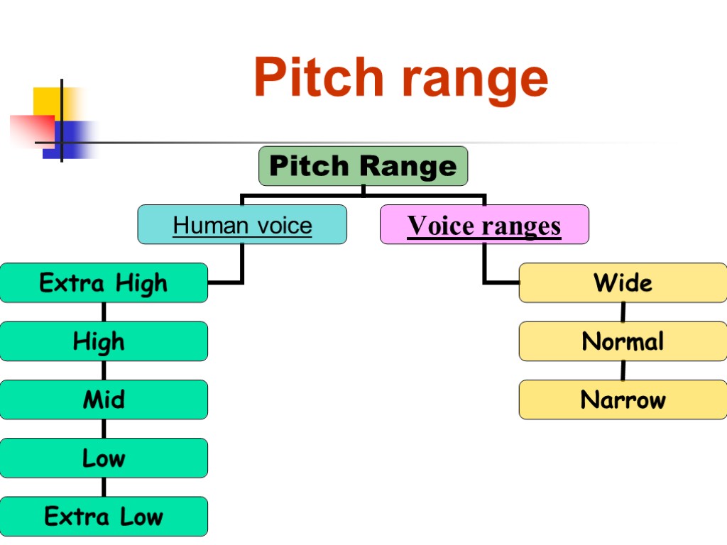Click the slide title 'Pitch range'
(x=400, y=78)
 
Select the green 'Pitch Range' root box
(x=363, y=166)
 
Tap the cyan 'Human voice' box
(x=242, y=225)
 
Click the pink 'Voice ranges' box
(x=484, y=225)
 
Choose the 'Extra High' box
(x=104, y=283)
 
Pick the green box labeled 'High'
(x=104, y=341)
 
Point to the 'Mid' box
(x=104, y=400)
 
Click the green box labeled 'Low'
(x=104, y=458)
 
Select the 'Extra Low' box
(x=104, y=516)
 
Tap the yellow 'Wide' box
(x=623, y=283)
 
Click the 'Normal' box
(x=623, y=341)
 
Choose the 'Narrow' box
(x=623, y=400)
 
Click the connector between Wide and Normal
(x=623, y=312)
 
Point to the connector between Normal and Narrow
(x=623, y=370)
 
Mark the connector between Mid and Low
(x=104, y=429)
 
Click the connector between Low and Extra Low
(x=104, y=487)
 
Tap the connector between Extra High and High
(x=104, y=312)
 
